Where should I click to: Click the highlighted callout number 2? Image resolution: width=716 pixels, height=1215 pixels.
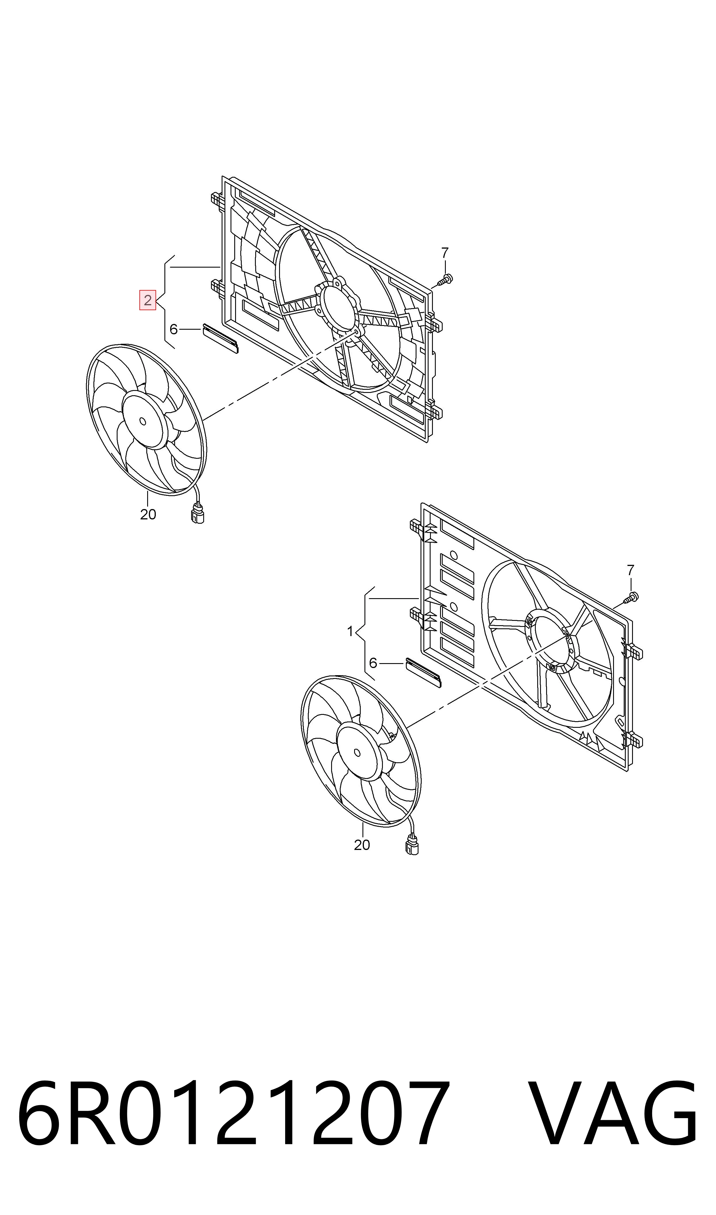(x=148, y=300)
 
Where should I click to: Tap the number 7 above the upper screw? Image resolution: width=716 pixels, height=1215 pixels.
(x=445, y=252)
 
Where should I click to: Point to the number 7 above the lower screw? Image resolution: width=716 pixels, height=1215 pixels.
(x=630, y=570)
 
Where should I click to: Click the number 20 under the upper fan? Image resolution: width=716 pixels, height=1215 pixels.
(x=148, y=515)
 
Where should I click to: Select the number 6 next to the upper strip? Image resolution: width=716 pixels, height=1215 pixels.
(x=174, y=329)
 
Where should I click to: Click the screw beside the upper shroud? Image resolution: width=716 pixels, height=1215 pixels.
(x=445, y=279)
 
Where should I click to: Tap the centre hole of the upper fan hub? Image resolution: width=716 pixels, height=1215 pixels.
(x=142, y=421)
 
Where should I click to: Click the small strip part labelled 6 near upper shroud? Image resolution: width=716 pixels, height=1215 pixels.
(x=220, y=339)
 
